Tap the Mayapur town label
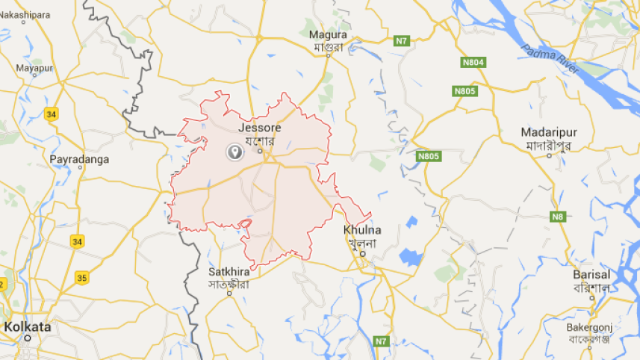click(35, 67)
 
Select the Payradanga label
click(78, 159)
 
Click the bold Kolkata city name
click(28, 327)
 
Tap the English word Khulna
click(362, 229)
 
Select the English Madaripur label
click(549, 132)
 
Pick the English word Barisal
click(591, 274)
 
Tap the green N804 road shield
click(473, 63)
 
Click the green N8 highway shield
click(558, 217)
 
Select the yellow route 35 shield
click(81, 278)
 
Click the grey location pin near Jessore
click(234, 152)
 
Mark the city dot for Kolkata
click(28, 338)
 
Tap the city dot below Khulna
click(362, 254)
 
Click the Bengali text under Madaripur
click(549, 144)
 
